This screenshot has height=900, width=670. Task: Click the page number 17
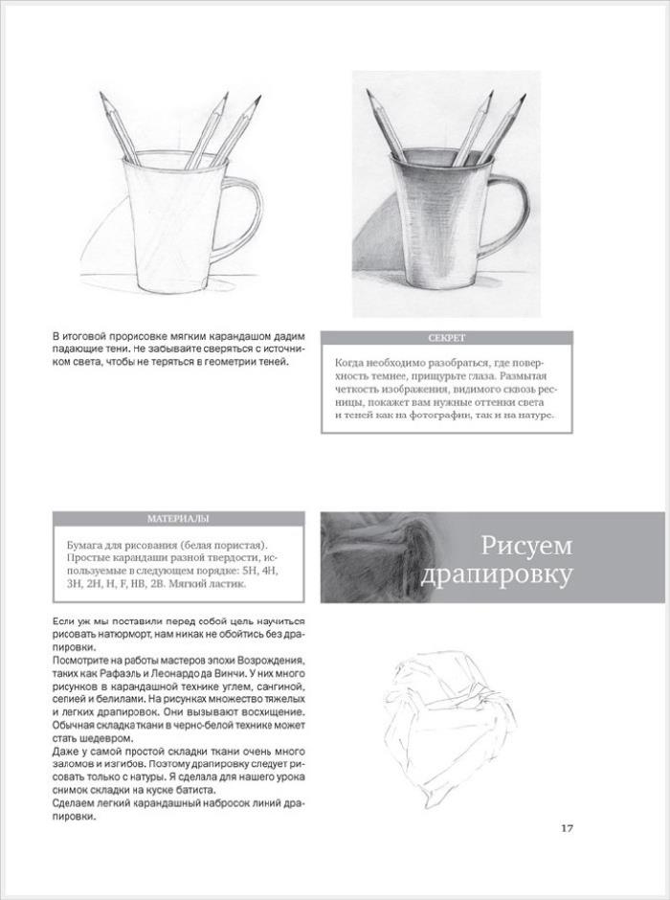[567, 828]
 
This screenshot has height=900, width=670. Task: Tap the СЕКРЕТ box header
[446, 338]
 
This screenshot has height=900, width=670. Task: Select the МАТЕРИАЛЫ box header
[178, 519]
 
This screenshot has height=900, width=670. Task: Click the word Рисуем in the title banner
[526, 545]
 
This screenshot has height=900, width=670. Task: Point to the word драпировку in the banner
[497, 575]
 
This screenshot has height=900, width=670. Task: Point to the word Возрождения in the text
[269, 662]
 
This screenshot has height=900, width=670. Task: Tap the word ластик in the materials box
[227, 583]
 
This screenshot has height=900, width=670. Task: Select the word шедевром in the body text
[94, 738]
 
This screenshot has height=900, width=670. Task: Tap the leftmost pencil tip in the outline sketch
[102, 96]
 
